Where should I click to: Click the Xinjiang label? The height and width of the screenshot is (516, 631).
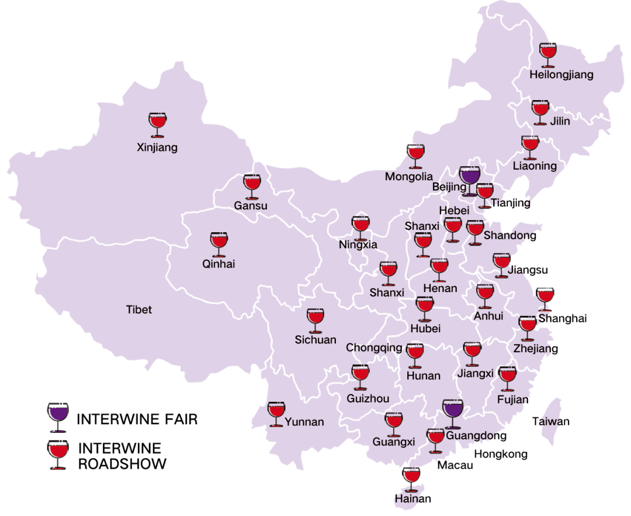click(157, 147)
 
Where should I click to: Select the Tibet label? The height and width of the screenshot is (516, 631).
click(139, 309)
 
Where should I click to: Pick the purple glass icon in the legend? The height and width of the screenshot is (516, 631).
click(58, 417)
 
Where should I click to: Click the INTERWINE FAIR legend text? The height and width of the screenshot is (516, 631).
click(137, 419)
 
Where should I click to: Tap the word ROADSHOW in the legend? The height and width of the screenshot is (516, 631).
click(122, 464)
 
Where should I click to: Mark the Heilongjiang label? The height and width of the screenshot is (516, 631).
click(561, 75)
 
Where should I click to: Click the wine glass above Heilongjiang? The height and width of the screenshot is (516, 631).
click(548, 54)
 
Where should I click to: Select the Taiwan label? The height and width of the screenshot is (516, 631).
click(550, 421)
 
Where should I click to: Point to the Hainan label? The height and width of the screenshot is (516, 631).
click(412, 499)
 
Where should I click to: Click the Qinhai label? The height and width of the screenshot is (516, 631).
click(219, 264)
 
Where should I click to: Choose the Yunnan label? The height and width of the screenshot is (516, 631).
click(304, 422)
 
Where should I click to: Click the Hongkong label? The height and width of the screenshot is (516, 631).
click(500, 454)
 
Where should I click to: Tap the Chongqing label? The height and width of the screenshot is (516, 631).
click(374, 348)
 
